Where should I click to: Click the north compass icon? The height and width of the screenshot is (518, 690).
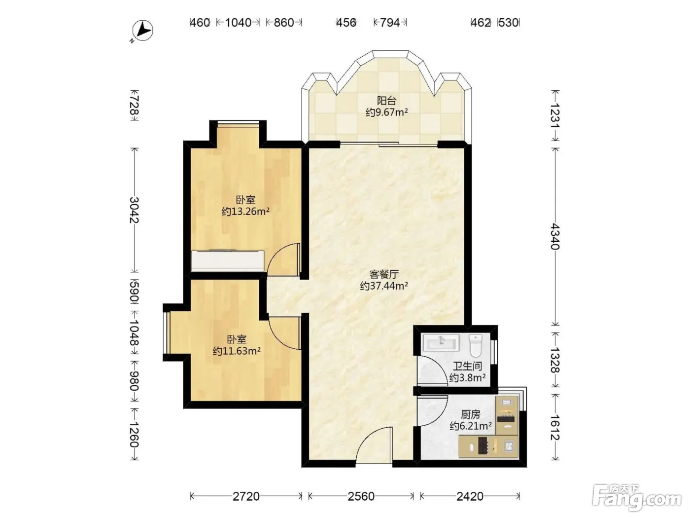142,31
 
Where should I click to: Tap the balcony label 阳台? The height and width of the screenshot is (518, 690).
387,101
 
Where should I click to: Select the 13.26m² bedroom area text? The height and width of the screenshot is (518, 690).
245,211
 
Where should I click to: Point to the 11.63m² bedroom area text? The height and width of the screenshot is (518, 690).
237,351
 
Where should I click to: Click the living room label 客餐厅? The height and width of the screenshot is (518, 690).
384,274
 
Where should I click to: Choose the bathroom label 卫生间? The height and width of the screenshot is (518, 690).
467,367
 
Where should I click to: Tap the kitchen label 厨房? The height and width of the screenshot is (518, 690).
471,415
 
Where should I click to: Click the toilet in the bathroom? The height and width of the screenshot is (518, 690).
476,345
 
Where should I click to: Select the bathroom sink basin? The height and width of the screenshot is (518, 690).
441,342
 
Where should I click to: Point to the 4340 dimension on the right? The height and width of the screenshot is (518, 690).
555,236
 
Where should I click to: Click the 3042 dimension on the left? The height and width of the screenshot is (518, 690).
135,210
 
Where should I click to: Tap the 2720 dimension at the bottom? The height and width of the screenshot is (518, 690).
246,496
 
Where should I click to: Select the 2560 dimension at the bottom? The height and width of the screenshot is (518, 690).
361,496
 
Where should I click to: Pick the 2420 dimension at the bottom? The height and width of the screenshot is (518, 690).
470,496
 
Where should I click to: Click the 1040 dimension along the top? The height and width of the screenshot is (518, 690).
238,23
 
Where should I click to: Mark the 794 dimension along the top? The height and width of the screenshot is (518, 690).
390,23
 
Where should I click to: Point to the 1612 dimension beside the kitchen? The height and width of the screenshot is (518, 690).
555,427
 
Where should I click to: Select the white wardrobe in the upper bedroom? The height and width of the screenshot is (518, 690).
228,260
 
